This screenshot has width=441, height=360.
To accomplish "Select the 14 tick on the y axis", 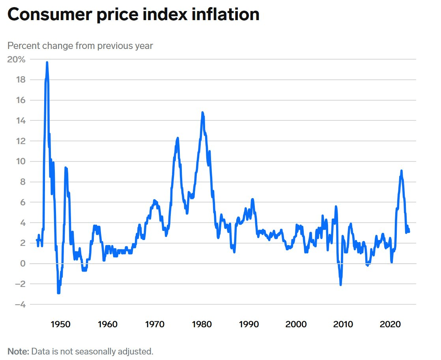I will pos(21,121).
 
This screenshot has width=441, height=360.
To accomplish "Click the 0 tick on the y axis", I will pos(23,264).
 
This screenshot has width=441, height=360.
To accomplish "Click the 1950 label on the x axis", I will pos(60,324).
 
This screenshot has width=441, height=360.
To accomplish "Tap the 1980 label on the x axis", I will pos(202,324).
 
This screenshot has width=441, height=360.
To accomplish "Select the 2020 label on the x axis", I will pos(390,324).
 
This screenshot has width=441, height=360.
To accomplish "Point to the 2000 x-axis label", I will pos(296,324).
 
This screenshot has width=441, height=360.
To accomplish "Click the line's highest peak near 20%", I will pos(47,62).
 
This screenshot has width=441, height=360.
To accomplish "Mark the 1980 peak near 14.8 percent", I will pos(202,112).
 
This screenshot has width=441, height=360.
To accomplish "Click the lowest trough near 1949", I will pos(58,293).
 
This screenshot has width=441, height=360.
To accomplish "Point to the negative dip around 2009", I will pos(340,285).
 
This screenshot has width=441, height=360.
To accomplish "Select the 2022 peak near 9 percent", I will pos(401,171).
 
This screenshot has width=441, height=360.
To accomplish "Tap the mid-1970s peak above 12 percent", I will pos(178,138).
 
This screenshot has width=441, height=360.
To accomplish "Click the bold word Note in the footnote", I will pos(17,351).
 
